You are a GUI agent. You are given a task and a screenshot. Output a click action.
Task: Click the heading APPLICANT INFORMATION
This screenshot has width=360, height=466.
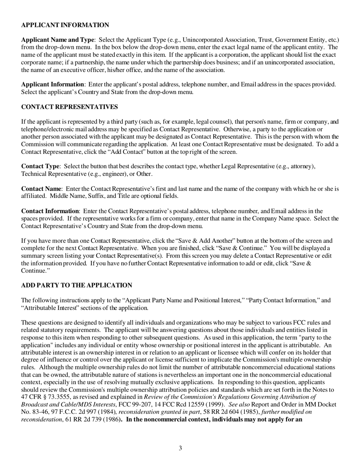(65, 25)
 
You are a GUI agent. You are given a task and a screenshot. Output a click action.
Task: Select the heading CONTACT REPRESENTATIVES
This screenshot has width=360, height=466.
(69, 107)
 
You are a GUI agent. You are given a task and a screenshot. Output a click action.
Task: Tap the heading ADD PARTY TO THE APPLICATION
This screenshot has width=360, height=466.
(77, 285)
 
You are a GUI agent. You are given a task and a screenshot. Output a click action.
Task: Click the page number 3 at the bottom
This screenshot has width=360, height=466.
(180, 448)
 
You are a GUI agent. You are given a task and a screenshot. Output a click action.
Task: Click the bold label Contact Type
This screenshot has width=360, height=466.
(40, 166)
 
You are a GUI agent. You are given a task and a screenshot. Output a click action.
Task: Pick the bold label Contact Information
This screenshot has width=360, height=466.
(50, 211)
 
